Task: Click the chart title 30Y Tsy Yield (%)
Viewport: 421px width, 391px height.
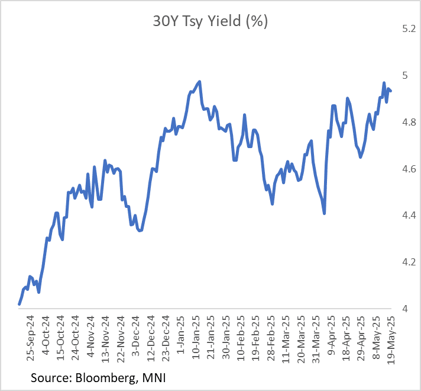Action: (x=210, y=23)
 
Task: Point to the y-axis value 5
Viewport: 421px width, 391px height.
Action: (x=406, y=76)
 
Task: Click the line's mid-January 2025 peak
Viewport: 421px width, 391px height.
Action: (x=199, y=82)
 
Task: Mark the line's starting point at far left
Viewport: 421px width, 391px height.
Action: (x=20, y=304)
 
